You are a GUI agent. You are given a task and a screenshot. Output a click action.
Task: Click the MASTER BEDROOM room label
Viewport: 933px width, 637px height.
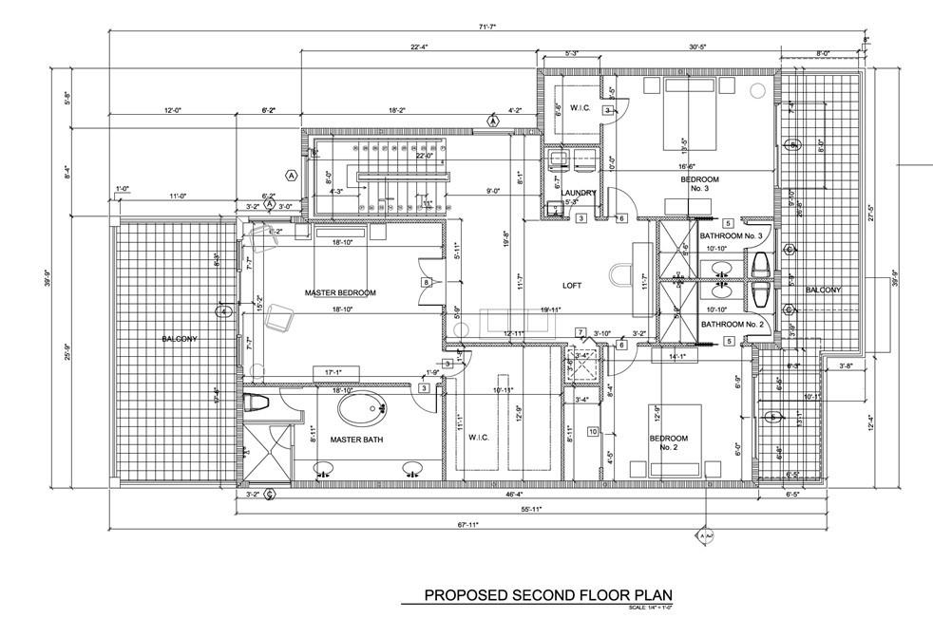(x=340, y=292)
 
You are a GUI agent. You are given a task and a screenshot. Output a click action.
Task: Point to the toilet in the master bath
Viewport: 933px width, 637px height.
(x=257, y=403)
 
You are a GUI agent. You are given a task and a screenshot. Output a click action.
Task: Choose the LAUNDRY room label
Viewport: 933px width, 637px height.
(x=578, y=193)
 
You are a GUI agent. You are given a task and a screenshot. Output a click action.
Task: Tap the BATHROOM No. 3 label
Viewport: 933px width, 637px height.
(x=732, y=235)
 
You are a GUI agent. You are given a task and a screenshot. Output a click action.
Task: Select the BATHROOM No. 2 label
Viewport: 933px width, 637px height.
(x=732, y=325)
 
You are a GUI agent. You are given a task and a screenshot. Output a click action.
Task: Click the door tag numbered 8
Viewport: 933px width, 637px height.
(x=428, y=282)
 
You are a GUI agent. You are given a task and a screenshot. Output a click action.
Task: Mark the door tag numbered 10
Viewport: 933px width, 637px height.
(x=592, y=432)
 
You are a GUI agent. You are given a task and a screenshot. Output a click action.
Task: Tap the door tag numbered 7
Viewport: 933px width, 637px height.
(x=580, y=332)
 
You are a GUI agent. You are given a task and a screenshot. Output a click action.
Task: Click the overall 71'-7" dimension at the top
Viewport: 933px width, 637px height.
(x=486, y=28)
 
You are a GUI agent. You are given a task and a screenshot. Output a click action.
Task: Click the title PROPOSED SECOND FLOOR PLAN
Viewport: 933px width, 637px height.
(x=548, y=596)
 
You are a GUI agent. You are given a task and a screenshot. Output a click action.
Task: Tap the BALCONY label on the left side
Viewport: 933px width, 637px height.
(x=179, y=339)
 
